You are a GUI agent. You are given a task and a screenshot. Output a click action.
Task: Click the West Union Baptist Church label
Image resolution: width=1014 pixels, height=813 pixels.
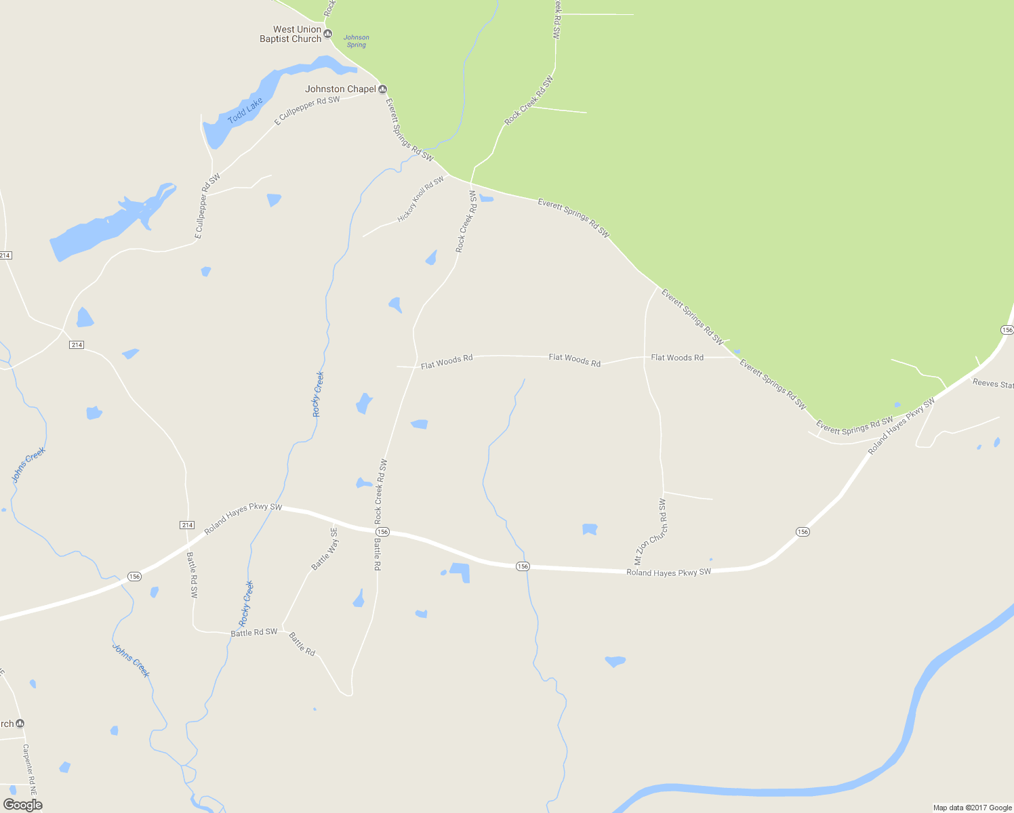(x=290, y=34)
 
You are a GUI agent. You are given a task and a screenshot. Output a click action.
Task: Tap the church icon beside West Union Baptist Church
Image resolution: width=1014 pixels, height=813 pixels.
(x=328, y=34)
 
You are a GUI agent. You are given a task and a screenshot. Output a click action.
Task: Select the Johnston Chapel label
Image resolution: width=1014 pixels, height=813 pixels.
(x=340, y=89)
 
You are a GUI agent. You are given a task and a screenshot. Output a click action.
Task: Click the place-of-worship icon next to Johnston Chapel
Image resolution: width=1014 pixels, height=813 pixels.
(x=382, y=89)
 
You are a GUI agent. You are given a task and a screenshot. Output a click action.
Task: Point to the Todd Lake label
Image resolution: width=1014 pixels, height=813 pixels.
(x=245, y=111)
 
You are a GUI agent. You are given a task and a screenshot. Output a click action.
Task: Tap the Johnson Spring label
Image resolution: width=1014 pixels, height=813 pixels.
(x=356, y=41)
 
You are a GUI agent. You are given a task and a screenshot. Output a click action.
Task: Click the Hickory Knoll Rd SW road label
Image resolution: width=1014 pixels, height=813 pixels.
(x=420, y=199)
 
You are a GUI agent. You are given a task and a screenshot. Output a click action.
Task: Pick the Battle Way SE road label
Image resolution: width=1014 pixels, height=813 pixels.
(x=325, y=549)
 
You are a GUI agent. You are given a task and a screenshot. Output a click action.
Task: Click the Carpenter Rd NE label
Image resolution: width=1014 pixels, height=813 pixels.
(x=29, y=770)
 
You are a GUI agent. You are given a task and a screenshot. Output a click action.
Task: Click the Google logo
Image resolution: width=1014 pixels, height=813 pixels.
(x=23, y=804)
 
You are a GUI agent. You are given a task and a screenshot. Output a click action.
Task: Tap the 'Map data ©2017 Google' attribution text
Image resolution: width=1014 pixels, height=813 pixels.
(x=972, y=808)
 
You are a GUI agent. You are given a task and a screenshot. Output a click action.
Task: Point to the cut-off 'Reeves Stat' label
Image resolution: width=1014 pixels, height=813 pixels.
(x=993, y=383)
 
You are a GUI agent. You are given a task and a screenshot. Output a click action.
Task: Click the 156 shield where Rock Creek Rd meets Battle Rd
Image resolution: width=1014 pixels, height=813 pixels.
(x=382, y=532)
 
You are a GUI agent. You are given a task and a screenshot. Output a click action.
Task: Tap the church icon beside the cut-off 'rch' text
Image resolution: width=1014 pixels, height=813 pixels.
(x=20, y=724)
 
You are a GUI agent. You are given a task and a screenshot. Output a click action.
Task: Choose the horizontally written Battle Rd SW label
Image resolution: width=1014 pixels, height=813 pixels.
(x=254, y=632)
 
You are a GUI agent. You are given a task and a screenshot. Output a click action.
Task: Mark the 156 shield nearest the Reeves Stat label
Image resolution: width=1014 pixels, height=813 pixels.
(x=1007, y=329)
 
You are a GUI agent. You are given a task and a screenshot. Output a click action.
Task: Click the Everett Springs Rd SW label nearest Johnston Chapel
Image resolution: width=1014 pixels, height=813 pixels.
(x=409, y=129)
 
